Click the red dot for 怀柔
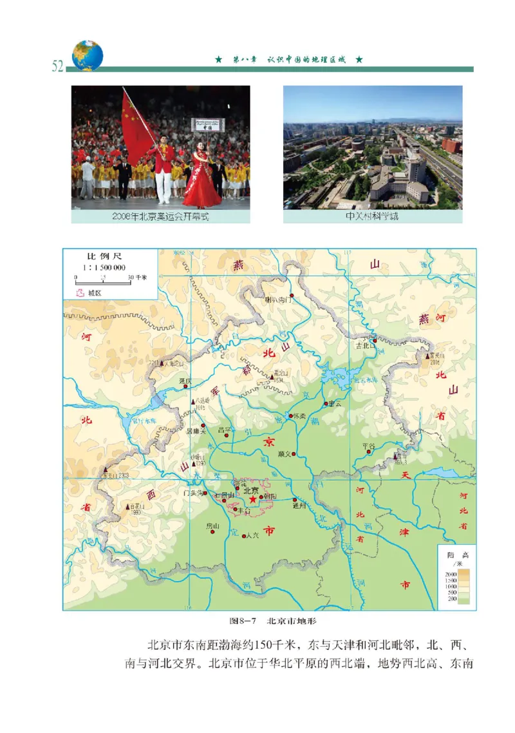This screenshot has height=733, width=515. point(291,416)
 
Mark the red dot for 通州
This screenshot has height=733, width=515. point(295,499)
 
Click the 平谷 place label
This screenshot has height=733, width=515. point(368,445)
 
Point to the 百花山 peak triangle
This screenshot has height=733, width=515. point(127,507)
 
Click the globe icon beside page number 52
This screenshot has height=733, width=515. point(88,55)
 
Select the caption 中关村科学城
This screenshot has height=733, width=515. point(372,216)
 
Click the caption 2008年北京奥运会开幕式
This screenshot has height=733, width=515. point(160,216)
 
